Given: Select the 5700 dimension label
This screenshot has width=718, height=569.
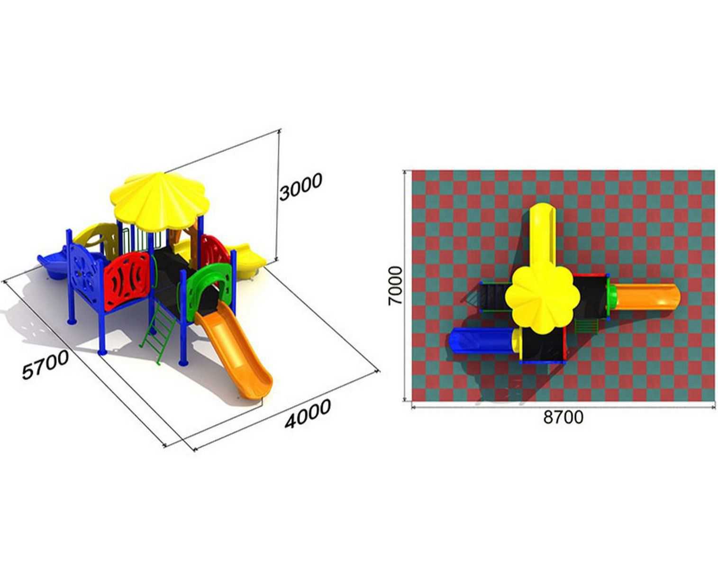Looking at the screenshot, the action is (x=45, y=365).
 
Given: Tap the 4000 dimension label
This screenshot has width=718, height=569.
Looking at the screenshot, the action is (x=308, y=413).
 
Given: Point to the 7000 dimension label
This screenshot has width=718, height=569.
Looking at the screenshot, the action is (x=395, y=285).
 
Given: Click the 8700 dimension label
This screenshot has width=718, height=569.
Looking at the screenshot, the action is (x=563, y=417).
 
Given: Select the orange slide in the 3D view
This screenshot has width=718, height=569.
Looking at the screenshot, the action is (x=234, y=353).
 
